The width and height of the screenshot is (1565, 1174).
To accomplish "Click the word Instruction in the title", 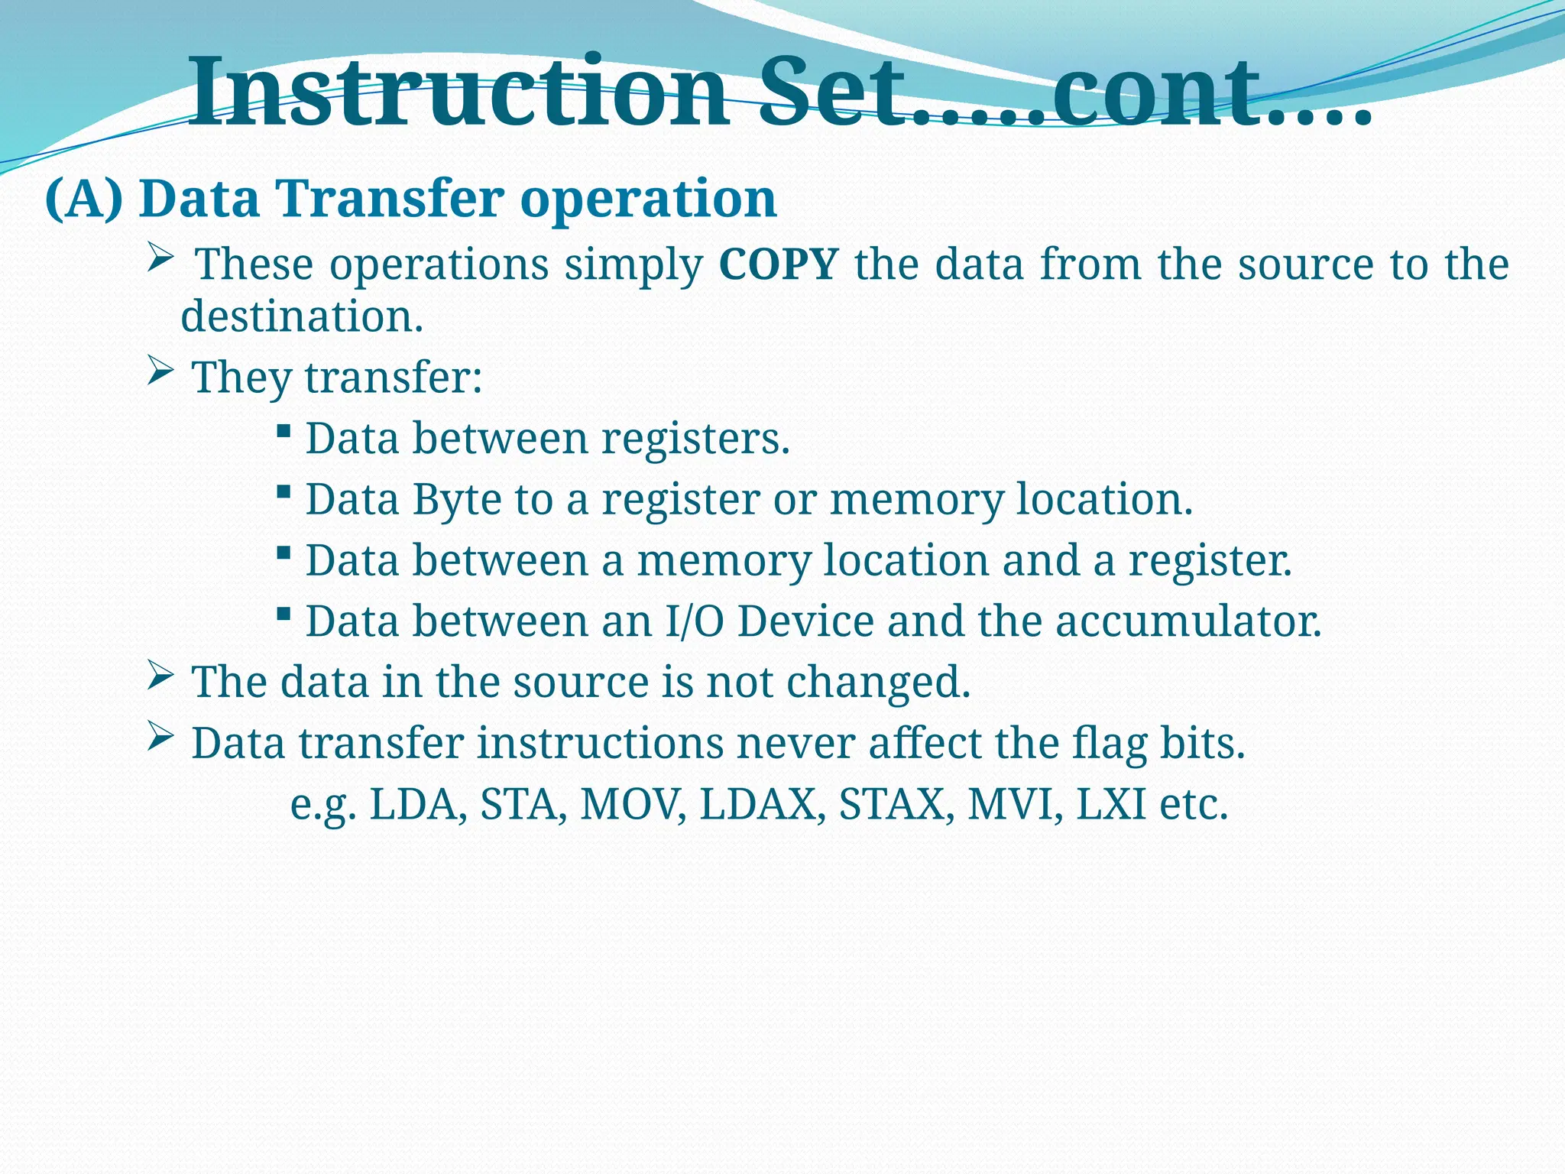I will tap(458, 93).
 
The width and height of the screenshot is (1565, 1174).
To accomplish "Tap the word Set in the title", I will tap(833, 93).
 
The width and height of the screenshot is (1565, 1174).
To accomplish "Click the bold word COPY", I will tap(779, 264).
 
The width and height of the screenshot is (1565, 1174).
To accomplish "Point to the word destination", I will tap(301, 316).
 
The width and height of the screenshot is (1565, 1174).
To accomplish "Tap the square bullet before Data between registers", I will tap(284, 432).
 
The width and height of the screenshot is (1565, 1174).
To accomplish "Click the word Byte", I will tap(457, 500).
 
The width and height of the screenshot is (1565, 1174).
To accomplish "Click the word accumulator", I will tap(1188, 621).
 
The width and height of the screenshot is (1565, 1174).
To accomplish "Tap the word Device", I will tap(805, 621).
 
